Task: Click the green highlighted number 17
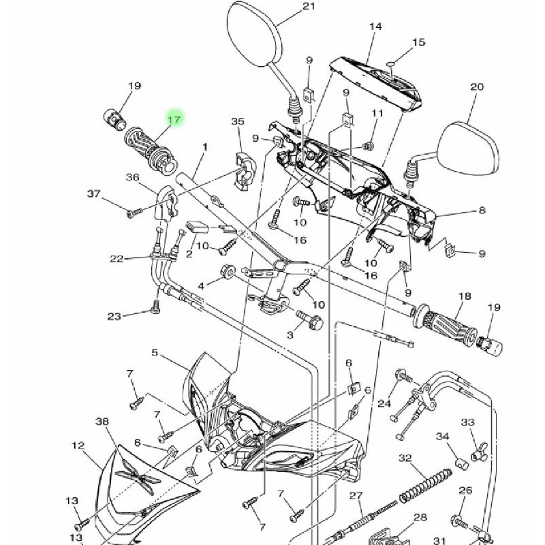(x=174, y=119)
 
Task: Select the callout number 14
(x=375, y=27)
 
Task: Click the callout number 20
(x=477, y=87)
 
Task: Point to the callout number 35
(x=237, y=121)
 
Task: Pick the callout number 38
(x=102, y=422)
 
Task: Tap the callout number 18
(x=465, y=296)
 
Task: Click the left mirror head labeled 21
(x=253, y=34)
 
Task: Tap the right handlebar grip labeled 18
(x=450, y=326)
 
